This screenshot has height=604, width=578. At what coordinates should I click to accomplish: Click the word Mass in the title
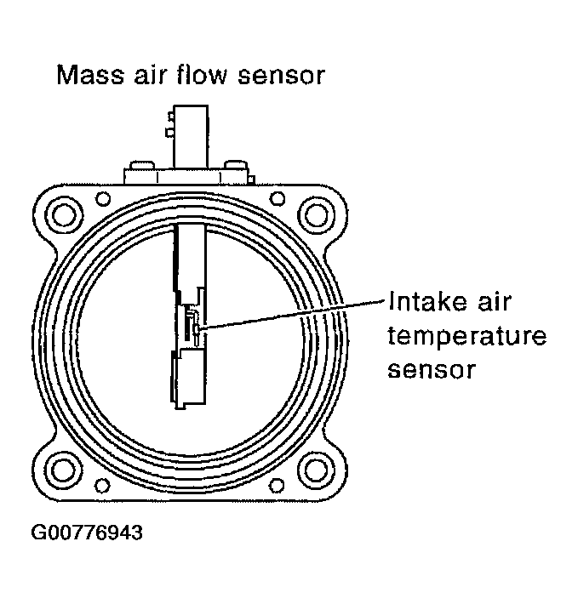[x=85, y=76]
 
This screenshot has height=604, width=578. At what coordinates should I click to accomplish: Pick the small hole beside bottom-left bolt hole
[x=103, y=485]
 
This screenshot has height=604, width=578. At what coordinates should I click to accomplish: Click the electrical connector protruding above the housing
[x=190, y=136]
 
